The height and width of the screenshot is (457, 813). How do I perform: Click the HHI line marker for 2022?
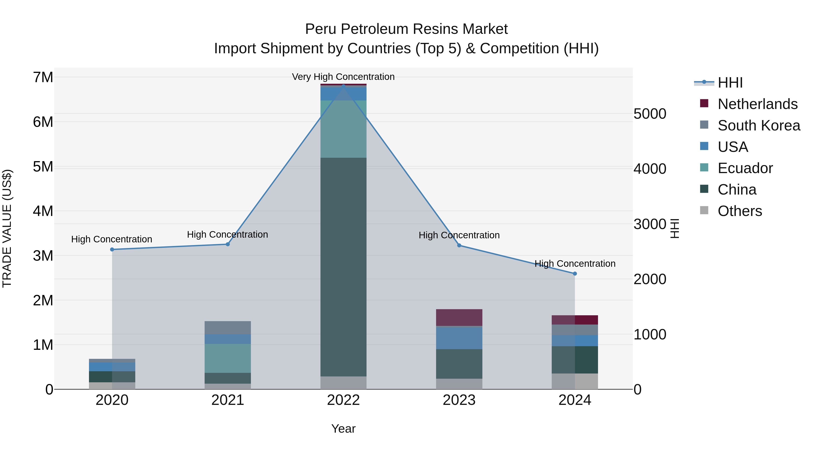(x=343, y=86)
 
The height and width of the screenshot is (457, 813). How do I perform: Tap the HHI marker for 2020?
(x=112, y=249)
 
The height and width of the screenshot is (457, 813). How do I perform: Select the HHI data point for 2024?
(x=575, y=274)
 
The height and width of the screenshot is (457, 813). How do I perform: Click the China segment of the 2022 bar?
(x=343, y=267)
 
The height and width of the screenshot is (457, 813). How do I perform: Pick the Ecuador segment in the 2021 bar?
(x=228, y=358)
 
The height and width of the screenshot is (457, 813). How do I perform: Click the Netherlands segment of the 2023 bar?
(x=459, y=317)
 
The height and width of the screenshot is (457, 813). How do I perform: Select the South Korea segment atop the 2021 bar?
(x=228, y=328)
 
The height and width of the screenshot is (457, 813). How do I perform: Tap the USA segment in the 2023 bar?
(x=459, y=338)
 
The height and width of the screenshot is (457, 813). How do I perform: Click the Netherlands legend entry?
(x=757, y=104)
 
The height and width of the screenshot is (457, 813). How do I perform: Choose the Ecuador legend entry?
(x=745, y=168)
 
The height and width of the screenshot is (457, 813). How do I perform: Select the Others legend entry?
(x=739, y=211)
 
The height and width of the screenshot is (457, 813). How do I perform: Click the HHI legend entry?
(x=730, y=83)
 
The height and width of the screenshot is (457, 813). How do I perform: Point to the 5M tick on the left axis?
(x=43, y=167)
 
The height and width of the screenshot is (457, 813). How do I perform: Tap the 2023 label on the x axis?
(x=459, y=400)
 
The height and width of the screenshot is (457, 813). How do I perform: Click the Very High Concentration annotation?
(x=343, y=77)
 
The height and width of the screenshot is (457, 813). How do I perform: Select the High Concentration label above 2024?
(x=575, y=263)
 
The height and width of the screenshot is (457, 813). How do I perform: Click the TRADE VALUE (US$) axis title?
(x=7, y=228)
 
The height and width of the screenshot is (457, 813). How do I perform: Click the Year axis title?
(x=343, y=429)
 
